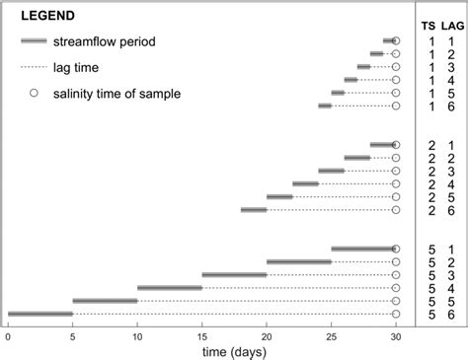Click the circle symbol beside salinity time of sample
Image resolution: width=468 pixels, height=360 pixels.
click(x=33, y=93)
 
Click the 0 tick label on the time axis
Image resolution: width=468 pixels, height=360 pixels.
click(x=8, y=333)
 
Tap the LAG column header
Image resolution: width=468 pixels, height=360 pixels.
click(x=453, y=24)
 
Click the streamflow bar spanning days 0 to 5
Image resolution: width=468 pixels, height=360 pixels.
click(x=40, y=314)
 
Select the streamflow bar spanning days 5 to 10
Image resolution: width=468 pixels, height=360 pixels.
click(x=105, y=301)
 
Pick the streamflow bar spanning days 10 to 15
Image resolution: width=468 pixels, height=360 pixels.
click(x=170, y=288)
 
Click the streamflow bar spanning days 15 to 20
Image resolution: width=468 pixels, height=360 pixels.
click(x=234, y=275)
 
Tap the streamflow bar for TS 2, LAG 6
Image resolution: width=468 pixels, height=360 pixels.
click(x=254, y=209)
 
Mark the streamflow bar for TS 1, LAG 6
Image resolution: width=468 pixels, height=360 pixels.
click(x=325, y=106)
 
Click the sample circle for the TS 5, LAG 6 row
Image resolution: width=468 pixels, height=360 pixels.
click(x=396, y=314)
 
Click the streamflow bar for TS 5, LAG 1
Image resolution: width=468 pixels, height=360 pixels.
click(x=362, y=250)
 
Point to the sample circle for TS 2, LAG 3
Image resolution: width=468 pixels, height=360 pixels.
click(x=396, y=171)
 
